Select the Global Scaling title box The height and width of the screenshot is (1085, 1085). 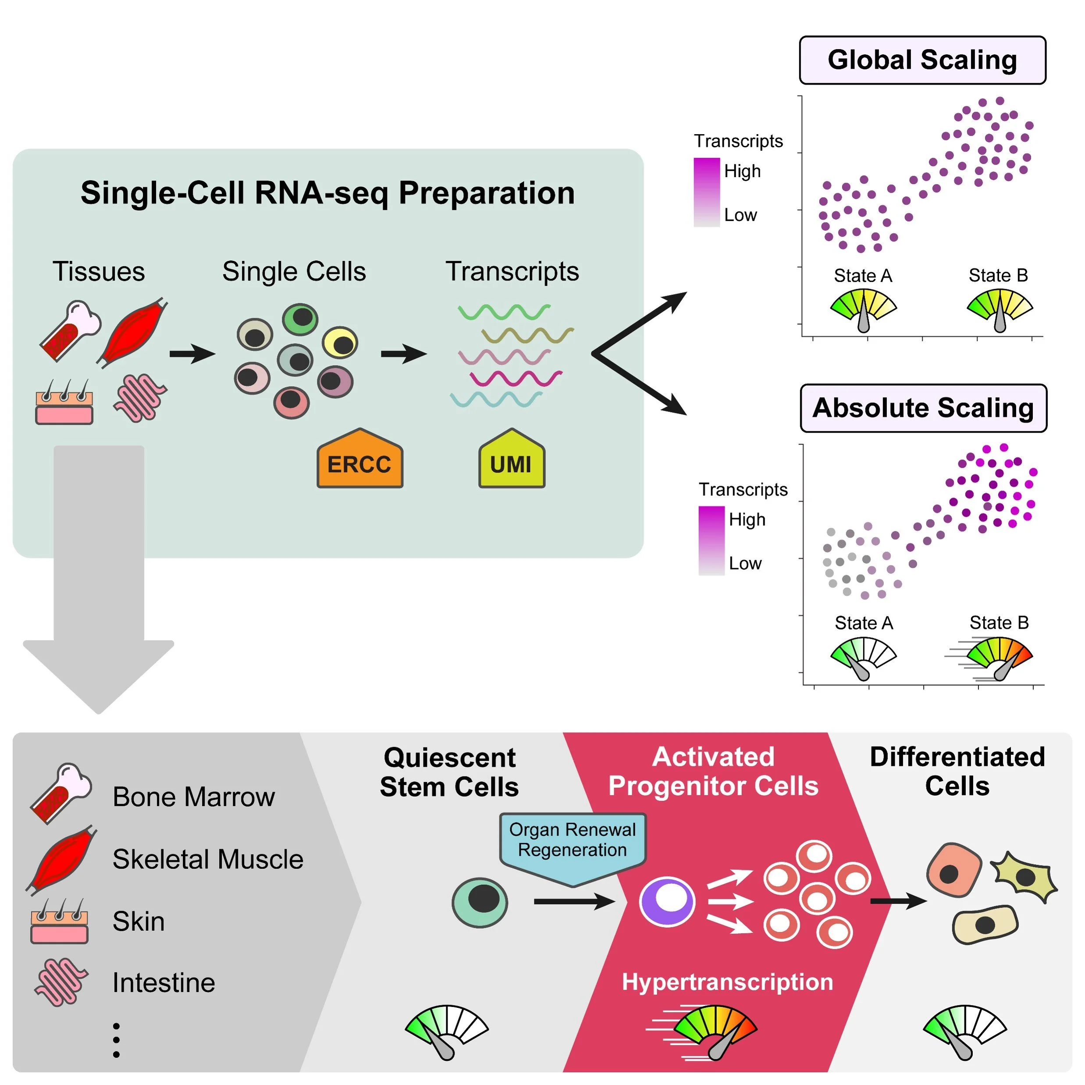922,60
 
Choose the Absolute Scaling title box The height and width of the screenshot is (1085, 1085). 923,408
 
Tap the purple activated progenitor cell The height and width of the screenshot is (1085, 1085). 667,902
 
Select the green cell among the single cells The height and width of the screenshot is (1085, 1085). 300,318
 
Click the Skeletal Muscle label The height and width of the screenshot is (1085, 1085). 208,859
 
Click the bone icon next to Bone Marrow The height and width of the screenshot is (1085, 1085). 60,793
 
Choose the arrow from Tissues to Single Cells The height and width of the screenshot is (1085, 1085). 192,354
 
